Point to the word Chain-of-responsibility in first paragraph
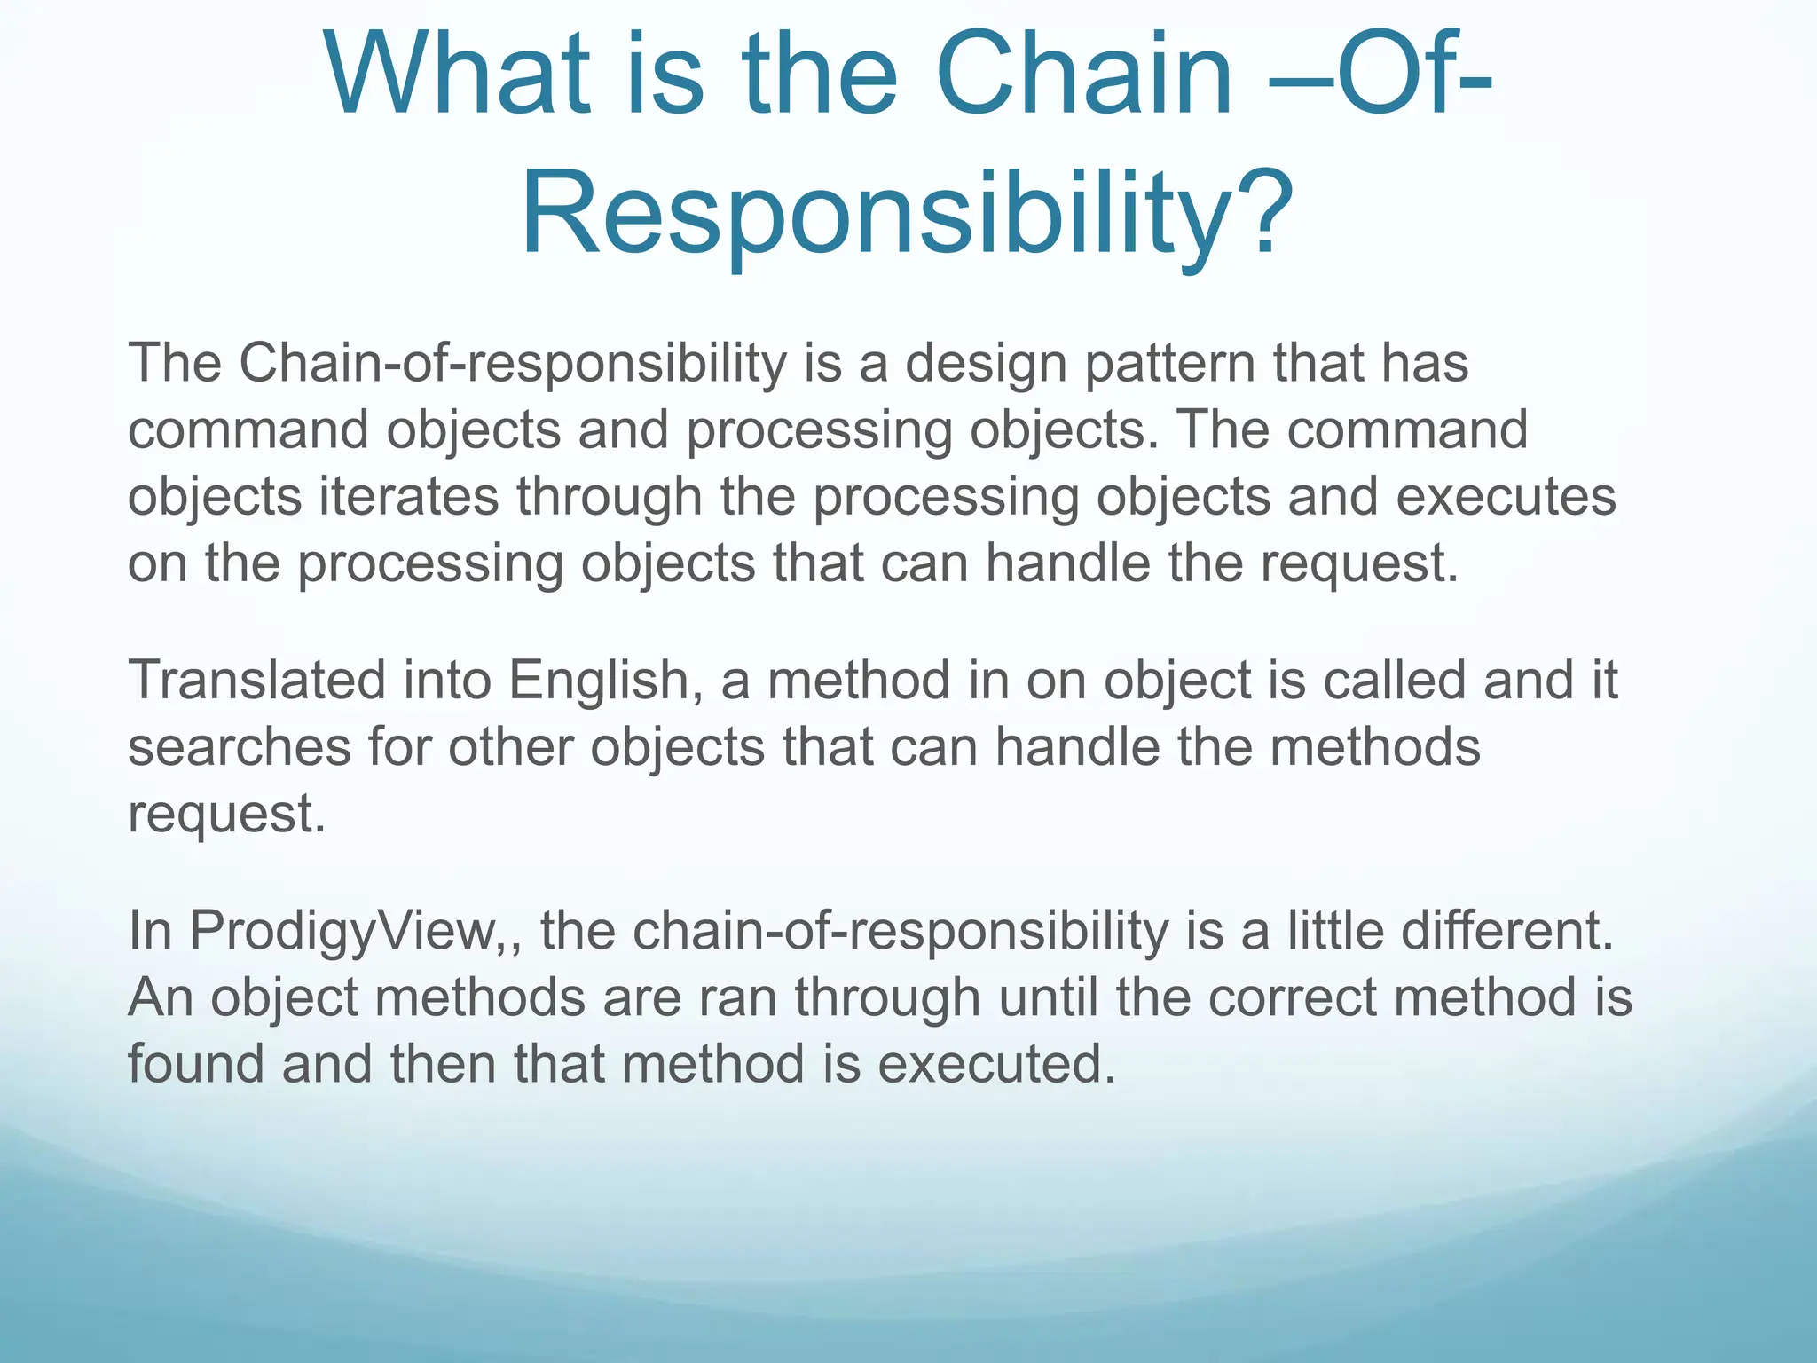pyautogui.click(x=513, y=363)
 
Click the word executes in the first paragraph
pyautogui.click(x=1506, y=496)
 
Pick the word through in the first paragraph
pyautogui.click(x=610, y=498)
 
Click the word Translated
pyautogui.click(x=257, y=681)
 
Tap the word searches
pyautogui.click(x=240, y=747)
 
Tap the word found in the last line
pyautogui.click(x=196, y=1064)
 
